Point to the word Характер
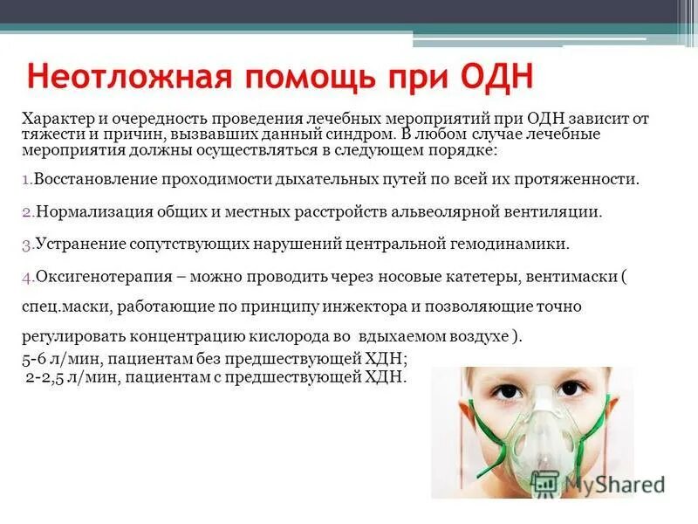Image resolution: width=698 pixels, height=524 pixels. pyautogui.click(x=53, y=118)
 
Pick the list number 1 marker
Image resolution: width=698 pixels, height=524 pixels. pyautogui.click(x=25, y=180)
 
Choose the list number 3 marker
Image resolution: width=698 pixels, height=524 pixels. pyautogui.click(x=26, y=245)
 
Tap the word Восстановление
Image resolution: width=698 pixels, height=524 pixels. pyautogui.click(x=93, y=180)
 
